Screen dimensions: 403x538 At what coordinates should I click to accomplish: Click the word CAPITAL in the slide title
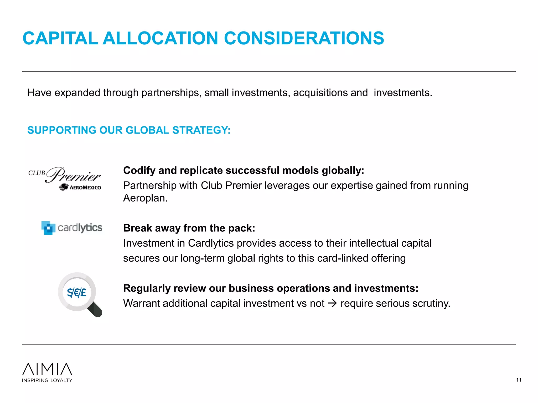pyautogui.click(x=60, y=38)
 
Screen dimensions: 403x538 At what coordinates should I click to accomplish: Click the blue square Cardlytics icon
pyautogui.click(x=48, y=228)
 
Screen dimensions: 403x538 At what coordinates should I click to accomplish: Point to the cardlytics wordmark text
pyautogui.click(x=80, y=228)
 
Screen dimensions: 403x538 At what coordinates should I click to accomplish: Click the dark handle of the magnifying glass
pyautogui.click(x=95, y=310)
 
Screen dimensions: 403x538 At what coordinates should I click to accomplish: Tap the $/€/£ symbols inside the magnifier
pyautogui.click(x=76, y=292)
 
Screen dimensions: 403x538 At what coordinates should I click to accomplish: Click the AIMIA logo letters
pyautogui.click(x=47, y=369)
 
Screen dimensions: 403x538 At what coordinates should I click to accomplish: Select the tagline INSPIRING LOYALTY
pyautogui.click(x=47, y=380)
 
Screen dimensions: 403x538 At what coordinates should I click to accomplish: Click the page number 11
pyautogui.click(x=519, y=380)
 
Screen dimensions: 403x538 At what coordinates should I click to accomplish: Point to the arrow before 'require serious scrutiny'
pyautogui.click(x=333, y=304)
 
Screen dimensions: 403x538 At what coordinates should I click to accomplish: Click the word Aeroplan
pyautogui.click(x=145, y=198)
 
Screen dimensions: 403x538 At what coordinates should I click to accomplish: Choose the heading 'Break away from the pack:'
pyautogui.click(x=189, y=228)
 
